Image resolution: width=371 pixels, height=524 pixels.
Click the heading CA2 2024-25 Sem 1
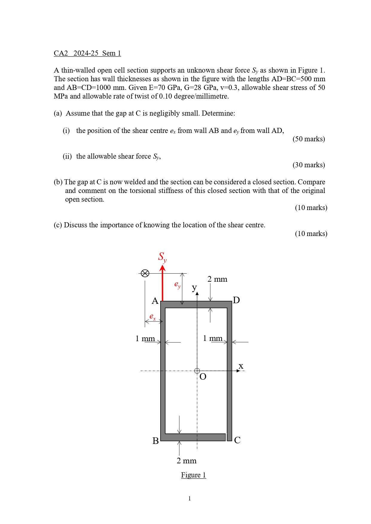point(87,53)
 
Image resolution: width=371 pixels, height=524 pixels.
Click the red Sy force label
point(162,257)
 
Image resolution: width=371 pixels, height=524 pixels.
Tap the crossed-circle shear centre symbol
point(145,273)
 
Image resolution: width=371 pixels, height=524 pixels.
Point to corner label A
point(155,301)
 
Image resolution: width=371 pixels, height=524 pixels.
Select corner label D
point(236,300)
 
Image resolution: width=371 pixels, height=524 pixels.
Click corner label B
point(155,441)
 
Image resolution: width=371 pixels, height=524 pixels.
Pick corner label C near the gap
point(237,440)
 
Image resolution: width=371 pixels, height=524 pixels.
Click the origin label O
point(203,377)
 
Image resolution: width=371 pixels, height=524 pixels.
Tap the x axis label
point(241,366)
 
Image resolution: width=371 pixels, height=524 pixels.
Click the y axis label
point(194,287)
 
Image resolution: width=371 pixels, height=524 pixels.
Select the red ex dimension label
point(152,317)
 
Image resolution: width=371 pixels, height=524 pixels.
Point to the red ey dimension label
point(177,284)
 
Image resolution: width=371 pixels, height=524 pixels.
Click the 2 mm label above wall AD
point(217,279)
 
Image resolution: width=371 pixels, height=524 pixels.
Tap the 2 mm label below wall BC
point(187,461)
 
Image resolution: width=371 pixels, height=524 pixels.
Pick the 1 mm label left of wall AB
point(145,338)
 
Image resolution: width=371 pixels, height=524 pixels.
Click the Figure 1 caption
point(193,475)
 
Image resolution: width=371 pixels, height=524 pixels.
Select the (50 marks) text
point(309,139)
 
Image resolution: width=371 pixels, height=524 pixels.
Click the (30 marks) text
point(309,165)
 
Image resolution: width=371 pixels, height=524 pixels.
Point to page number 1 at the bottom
point(190,498)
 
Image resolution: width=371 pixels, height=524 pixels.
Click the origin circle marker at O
point(197,371)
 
